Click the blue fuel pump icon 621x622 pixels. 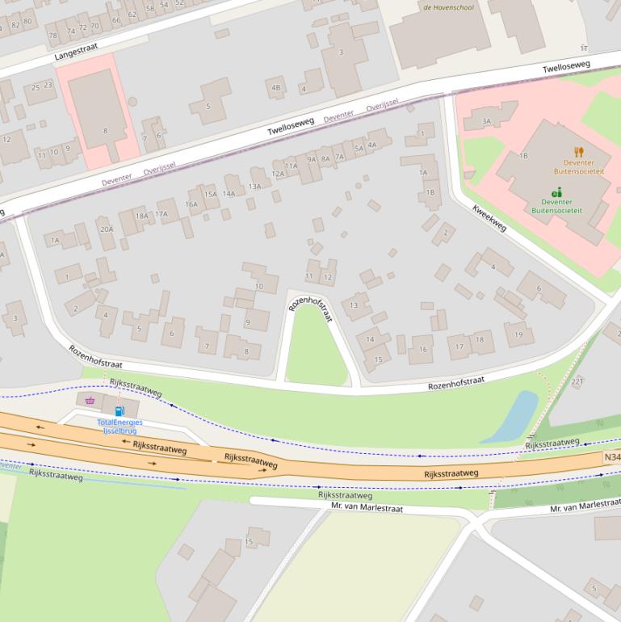click(120, 411)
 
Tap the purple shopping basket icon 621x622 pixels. click(90, 400)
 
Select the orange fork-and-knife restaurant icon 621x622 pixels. click(578, 151)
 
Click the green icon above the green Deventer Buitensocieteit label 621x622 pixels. click(556, 191)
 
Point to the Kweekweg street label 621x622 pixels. click(489, 216)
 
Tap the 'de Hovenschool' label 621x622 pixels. click(448, 8)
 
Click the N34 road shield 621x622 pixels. click(612, 457)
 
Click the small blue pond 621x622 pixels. click(514, 416)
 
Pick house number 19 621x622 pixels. click(518, 334)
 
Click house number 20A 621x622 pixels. click(107, 229)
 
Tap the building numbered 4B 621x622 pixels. click(276, 87)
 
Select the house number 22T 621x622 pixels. click(577, 380)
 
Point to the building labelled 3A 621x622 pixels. click(487, 121)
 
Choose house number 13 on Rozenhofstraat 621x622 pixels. click(354, 305)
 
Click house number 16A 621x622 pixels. click(191, 204)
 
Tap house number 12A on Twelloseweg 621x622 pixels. click(279, 174)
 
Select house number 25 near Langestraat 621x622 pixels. click(36, 86)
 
